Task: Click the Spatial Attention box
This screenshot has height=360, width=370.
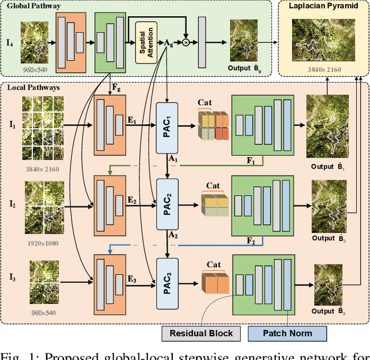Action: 146,43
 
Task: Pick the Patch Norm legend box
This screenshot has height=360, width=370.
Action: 287,333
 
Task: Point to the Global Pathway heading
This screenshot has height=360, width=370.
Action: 35,6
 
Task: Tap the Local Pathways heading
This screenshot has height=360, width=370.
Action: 35,87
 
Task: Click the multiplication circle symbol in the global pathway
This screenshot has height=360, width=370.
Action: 186,43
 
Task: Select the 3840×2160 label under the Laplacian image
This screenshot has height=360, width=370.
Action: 323,69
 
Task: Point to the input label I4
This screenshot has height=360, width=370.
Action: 9,43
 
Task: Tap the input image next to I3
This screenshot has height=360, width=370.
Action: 44,282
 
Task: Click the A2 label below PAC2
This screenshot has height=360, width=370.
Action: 173,236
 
